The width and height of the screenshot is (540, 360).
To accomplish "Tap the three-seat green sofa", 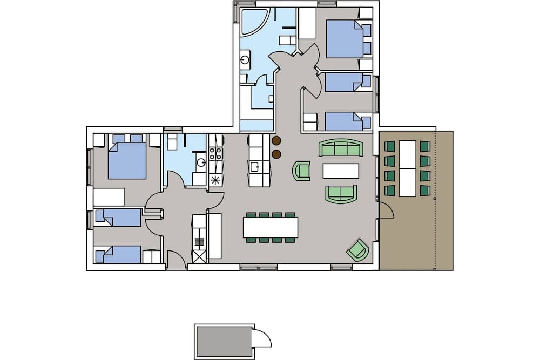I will pos(341,147).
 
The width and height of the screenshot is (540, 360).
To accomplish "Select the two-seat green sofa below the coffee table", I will pos(341,193).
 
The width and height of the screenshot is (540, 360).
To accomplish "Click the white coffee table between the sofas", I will pos(341,171).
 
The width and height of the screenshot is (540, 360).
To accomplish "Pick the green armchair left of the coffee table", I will pos(302,171).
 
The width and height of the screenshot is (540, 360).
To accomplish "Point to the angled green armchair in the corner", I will pos(357,250).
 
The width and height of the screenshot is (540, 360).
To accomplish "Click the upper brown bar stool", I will pos(277,142).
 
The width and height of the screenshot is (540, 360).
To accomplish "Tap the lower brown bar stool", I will pos(277,155).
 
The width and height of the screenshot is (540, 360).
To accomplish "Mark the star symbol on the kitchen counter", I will pos(216,180).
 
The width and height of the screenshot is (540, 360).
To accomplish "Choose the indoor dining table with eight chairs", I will pos(271,227).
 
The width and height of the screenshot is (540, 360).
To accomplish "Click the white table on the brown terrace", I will pos(407,168).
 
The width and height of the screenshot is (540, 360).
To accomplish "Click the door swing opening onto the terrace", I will pos(387,210).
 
